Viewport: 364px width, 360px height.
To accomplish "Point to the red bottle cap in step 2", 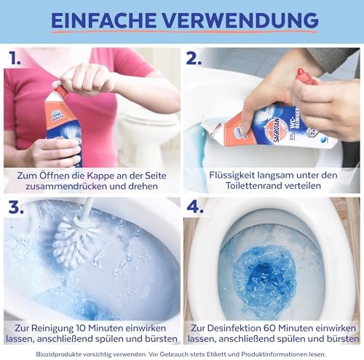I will coord(304,76).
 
